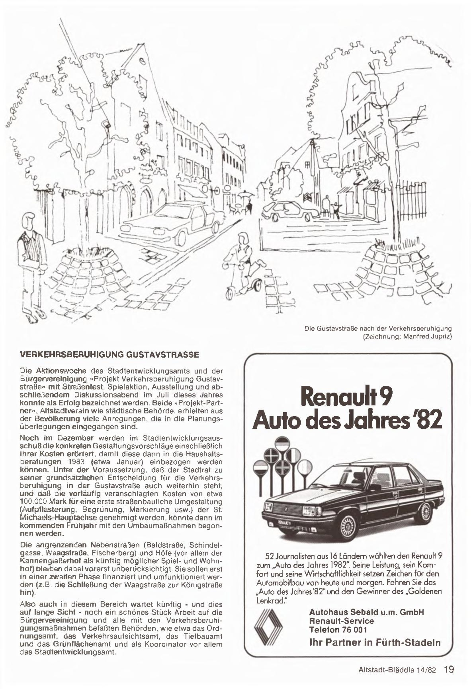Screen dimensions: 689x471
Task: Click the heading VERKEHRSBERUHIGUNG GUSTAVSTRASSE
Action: point(109,355)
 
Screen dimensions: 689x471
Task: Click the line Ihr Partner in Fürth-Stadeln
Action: point(375,642)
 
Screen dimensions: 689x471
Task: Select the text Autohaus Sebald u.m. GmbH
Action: point(366,612)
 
